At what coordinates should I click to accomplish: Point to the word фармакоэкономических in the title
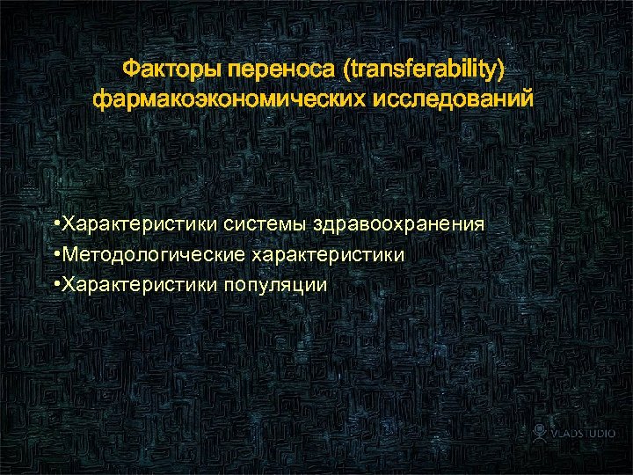[x=230, y=99]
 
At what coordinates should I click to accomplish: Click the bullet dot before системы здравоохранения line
[x=55, y=224]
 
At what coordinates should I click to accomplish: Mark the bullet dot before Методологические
[x=55, y=254]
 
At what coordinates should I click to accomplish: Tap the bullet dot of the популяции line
[x=55, y=284]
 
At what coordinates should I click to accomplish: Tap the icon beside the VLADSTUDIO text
[x=540, y=432]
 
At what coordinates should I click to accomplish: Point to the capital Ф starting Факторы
[x=129, y=69]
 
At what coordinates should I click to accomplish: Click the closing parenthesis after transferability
[x=503, y=69]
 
